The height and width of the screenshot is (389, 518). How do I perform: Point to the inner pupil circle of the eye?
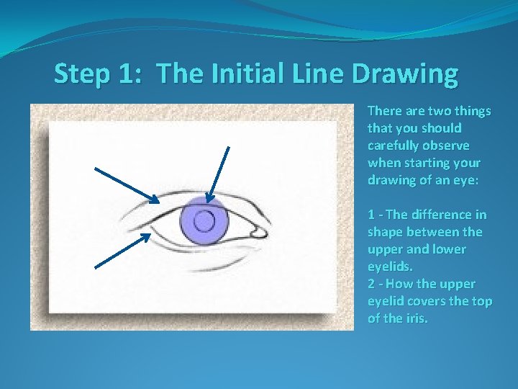(x=205, y=220)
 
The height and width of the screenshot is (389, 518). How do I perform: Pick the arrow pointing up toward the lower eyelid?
(x=122, y=251)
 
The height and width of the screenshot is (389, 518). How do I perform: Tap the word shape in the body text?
(x=385, y=232)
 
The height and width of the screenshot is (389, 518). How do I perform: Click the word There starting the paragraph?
(x=384, y=111)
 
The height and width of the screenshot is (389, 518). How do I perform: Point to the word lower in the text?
(x=449, y=249)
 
